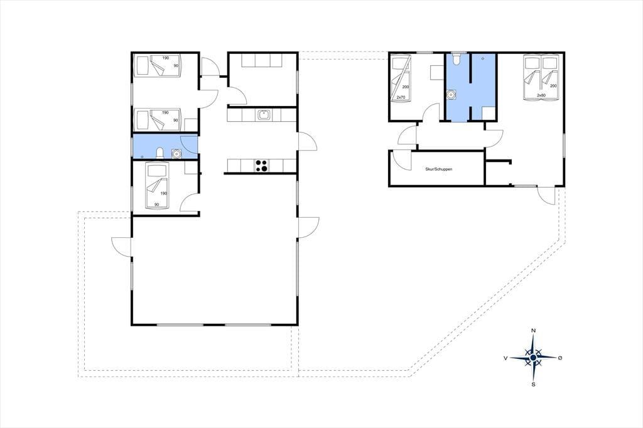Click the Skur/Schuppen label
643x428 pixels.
438,169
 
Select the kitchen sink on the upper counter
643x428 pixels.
263,115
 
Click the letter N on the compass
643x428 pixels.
533,331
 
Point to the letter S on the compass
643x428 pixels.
533,385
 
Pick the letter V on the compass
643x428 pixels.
505,358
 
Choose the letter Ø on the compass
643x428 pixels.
560,358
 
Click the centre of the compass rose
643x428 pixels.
533,358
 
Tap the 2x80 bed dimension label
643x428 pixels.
541,95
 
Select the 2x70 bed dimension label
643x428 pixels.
401,97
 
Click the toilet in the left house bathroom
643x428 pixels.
160,153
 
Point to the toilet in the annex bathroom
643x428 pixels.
456,60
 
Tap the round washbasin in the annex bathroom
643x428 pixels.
451,95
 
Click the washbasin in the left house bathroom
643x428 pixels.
176,153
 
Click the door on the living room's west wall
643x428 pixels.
122,245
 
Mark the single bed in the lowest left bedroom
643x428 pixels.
156,185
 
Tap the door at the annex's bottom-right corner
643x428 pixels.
546,195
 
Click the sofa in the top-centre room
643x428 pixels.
262,60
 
